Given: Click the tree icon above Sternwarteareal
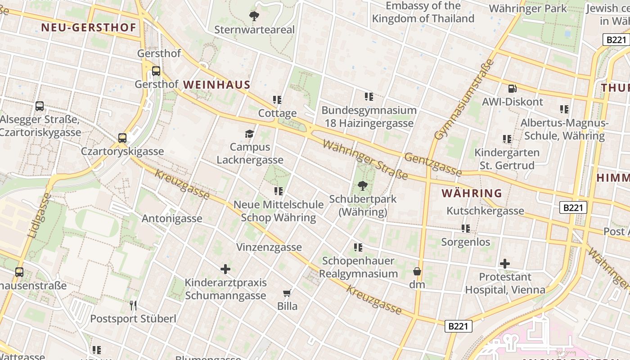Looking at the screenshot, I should point(254,17).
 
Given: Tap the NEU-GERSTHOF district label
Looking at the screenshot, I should point(89,27).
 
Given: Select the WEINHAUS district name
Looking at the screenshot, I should point(216,85).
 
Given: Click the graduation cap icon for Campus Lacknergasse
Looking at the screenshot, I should point(249,134).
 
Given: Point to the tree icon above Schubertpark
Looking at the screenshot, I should point(362,185).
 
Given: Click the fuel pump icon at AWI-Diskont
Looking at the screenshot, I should point(512,89).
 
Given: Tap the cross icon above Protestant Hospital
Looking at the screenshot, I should point(505,263).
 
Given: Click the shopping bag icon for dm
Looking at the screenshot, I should point(417,271).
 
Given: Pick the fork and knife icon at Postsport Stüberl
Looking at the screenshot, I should point(133,306).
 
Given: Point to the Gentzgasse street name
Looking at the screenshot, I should point(433,165).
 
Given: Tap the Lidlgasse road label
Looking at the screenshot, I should point(40,216).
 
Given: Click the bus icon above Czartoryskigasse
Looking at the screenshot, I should point(122,138).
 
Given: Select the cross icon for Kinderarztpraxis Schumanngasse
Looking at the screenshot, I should point(225,270).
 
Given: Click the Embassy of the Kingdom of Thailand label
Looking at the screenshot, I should point(423,12).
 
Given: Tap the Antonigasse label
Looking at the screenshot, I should point(172,219).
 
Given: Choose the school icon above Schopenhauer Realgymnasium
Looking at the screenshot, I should point(358,247).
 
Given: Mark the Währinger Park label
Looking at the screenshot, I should point(527,9).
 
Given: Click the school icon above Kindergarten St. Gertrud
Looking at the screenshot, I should point(507,139).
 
